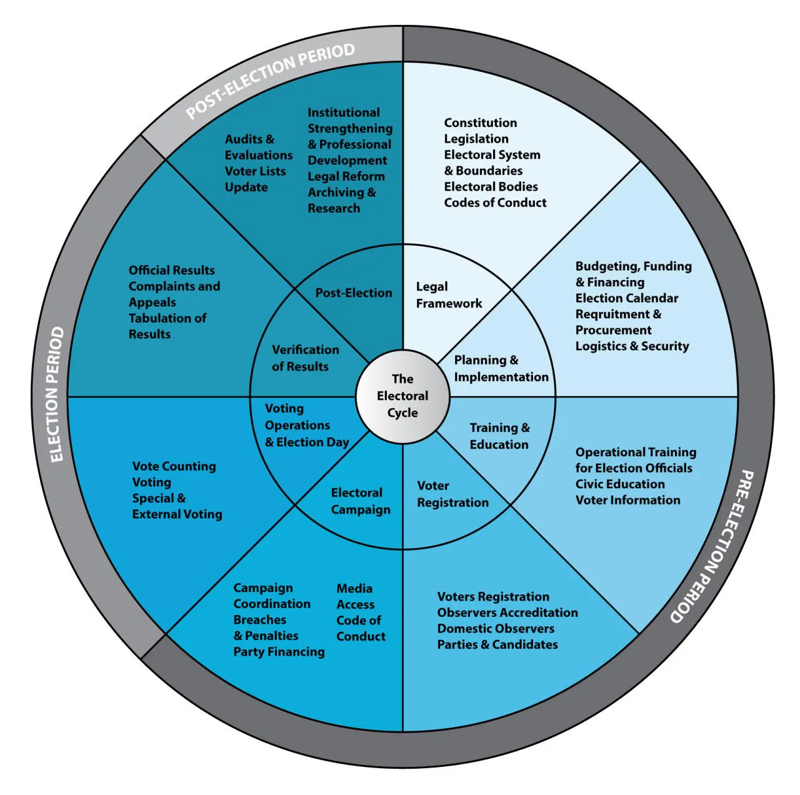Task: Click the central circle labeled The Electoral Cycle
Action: click(x=402, y=396)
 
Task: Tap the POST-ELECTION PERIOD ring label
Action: click(x=270, y=80)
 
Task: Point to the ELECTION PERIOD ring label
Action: click(x=57, y=394)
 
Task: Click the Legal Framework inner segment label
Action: click(x=449, y=295)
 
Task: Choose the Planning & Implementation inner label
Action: click(x=501, y=369)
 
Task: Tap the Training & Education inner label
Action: click(x=499, y=436)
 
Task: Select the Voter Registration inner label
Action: click(x=452, y=494)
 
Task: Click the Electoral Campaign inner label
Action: click(x=360, y=501)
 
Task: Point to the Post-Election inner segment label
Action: click(x=354, y=293)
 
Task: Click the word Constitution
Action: click(x=480, y=123)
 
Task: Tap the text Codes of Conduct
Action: click(x=495, y=202)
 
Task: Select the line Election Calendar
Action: click(x=626, y=298)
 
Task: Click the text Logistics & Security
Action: click(x=632, y=346)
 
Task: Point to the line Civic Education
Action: click(x=620, y=484)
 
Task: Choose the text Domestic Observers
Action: click(x=496, y=629)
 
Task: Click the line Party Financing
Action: click(x=279, y=652)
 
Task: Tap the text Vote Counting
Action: click(x=174, y=466)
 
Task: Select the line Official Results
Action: click(x=171, y=271)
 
